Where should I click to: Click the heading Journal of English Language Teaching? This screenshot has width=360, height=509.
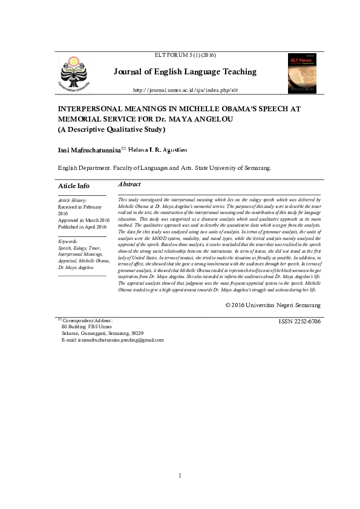click(185, 72)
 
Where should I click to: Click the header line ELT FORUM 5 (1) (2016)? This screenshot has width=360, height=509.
click(185, 55)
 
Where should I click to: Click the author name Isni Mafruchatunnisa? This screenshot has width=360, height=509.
click(89, 149)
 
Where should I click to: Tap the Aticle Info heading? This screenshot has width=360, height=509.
click(74, 186)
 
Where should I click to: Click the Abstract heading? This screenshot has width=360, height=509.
click(129, 184)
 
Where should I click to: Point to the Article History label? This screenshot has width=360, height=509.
click(72, 199)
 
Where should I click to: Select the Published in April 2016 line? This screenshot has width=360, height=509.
click(82, 227)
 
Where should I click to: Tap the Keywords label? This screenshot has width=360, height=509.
click(68, 241)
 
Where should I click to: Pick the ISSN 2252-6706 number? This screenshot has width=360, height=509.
click(299, 321)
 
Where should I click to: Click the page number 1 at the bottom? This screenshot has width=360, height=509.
click(180, 476)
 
